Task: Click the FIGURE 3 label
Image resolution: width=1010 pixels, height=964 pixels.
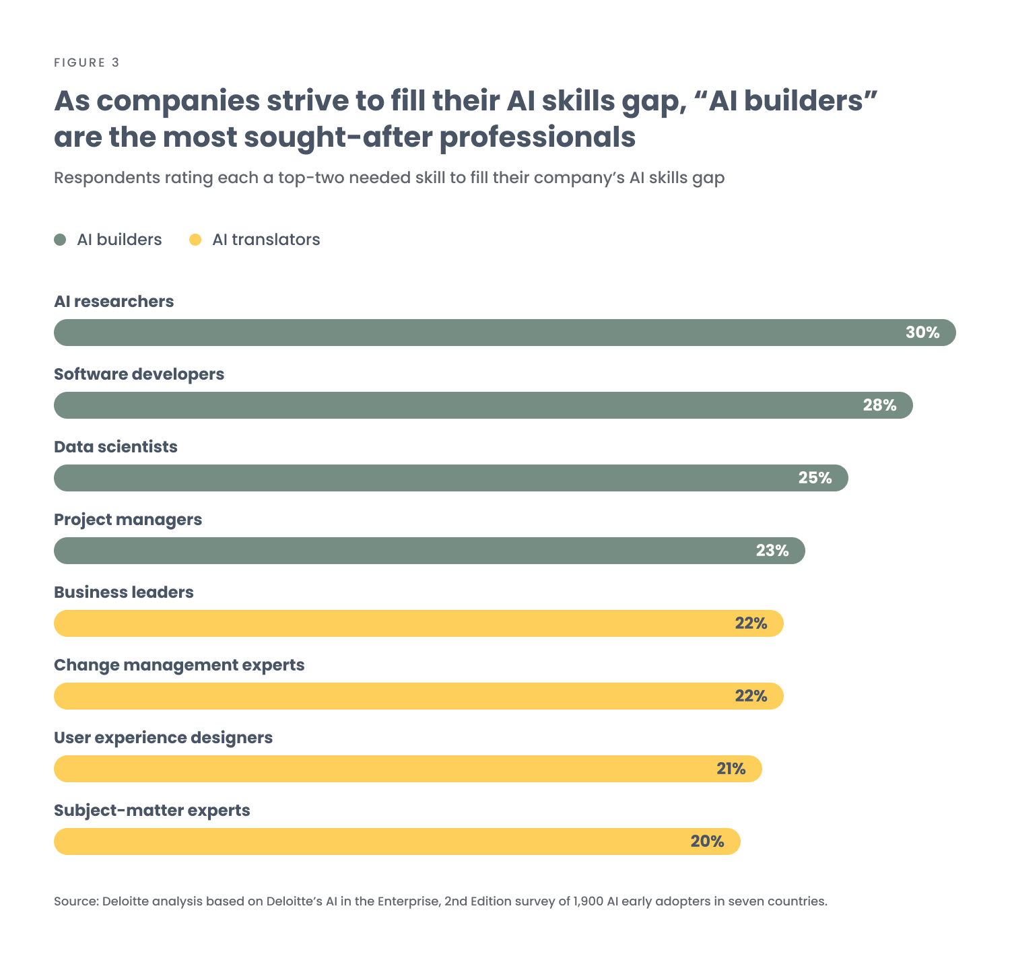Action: pyautogui.click(x=87, y=63)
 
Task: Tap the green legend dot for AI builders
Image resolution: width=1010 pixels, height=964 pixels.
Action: pyautogui.click(x=61, y=240)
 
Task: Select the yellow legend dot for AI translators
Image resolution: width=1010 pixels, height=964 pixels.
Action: pyautogui.click(x=195, y=240)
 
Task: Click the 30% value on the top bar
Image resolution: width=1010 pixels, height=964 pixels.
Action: pyautogui.click(x=922, y=333)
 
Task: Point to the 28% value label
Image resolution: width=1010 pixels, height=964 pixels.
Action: pyautogui.click(x=879, y=405)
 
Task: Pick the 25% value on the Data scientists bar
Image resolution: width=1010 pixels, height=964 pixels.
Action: pyautogui.click(x=815, y=478)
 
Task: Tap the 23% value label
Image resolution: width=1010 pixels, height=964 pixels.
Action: pyautogui.click(x=772, y=551)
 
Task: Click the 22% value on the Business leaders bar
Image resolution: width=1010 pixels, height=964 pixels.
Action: pyautogui.click(x=751, y=623)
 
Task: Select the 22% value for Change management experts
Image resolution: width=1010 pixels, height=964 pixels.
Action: pyautogui.click(x=751, y=696)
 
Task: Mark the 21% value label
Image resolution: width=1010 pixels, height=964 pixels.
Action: pyautogui.click(x=731, y=769)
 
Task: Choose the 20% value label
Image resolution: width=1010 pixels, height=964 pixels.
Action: pyautogui.click(x=707, y=841)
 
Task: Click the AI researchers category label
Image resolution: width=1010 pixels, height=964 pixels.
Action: pyautogui.click(x=114, y=302)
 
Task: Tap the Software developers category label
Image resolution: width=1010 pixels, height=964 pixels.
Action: pyautogui.click(x=139, y=374)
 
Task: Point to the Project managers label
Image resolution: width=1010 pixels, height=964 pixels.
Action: pyautogui.click(x=128, y=520)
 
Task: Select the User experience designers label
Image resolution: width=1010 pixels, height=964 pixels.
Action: pyautogui.click(x=163, y=738)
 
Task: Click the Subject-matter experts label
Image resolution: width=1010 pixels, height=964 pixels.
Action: pyautogui.click(x=151, y=811)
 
